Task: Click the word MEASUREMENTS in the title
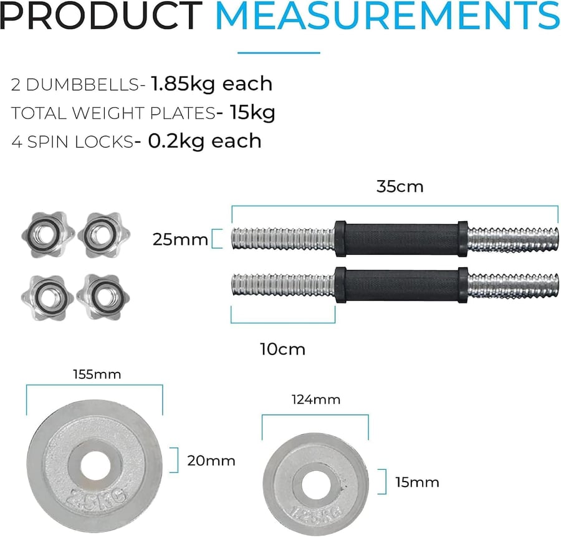(x=388, y=16)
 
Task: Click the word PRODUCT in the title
(x=101, y=16)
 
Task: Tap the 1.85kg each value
(x=211, y=84)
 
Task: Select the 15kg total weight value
(x=252, y=113)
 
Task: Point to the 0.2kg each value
(x=204, y=141)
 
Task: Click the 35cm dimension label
(x=400, y=187)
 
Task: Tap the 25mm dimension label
(x=180, y=240)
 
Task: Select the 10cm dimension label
(x=282, y=349)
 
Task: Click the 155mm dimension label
(x=97, y=374)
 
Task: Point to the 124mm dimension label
(x=316, y=399)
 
